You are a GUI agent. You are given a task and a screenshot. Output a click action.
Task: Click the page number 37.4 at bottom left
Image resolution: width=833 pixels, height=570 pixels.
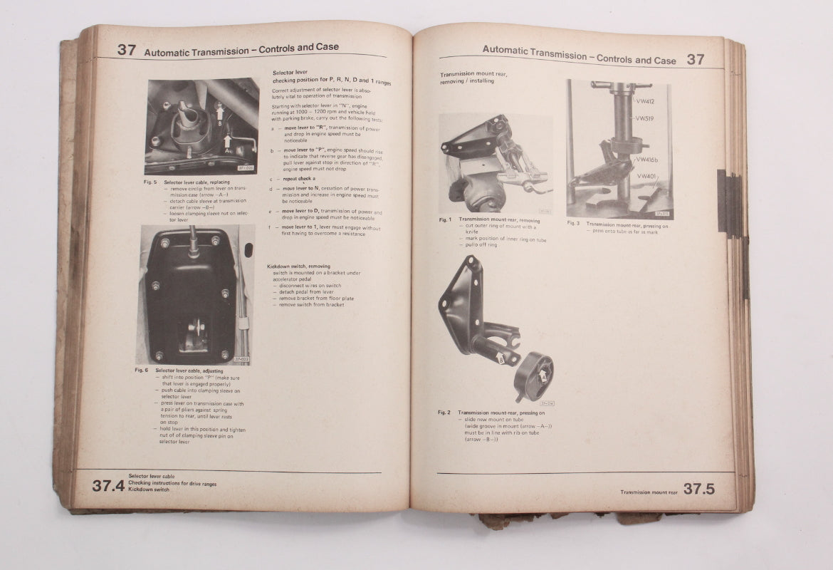[108, 486]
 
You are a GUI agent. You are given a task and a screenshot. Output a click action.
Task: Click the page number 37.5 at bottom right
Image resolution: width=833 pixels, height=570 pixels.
[698, 489]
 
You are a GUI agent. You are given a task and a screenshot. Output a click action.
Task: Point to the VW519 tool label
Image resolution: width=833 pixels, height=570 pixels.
[644, 119]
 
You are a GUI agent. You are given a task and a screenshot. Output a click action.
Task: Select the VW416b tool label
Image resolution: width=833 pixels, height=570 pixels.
[649, 160]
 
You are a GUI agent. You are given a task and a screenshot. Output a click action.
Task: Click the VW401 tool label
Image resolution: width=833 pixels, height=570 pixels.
[646, 176]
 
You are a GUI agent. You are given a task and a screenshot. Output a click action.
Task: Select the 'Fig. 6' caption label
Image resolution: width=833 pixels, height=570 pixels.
[141, 370]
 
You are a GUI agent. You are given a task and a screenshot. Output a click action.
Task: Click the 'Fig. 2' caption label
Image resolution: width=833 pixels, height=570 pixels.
[444, 412]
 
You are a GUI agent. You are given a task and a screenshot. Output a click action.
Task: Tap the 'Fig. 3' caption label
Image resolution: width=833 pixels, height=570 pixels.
[573, 223]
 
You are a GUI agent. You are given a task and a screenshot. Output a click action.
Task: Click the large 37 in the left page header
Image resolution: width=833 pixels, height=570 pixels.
[127, 50]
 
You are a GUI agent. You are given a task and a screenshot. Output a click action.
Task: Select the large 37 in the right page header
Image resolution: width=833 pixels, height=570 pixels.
[696, 59]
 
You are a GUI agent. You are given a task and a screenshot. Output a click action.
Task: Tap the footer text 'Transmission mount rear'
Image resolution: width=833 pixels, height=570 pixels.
[649, 492]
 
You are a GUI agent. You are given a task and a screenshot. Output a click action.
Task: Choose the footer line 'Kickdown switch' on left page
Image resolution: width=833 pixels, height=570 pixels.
[149, 489]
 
